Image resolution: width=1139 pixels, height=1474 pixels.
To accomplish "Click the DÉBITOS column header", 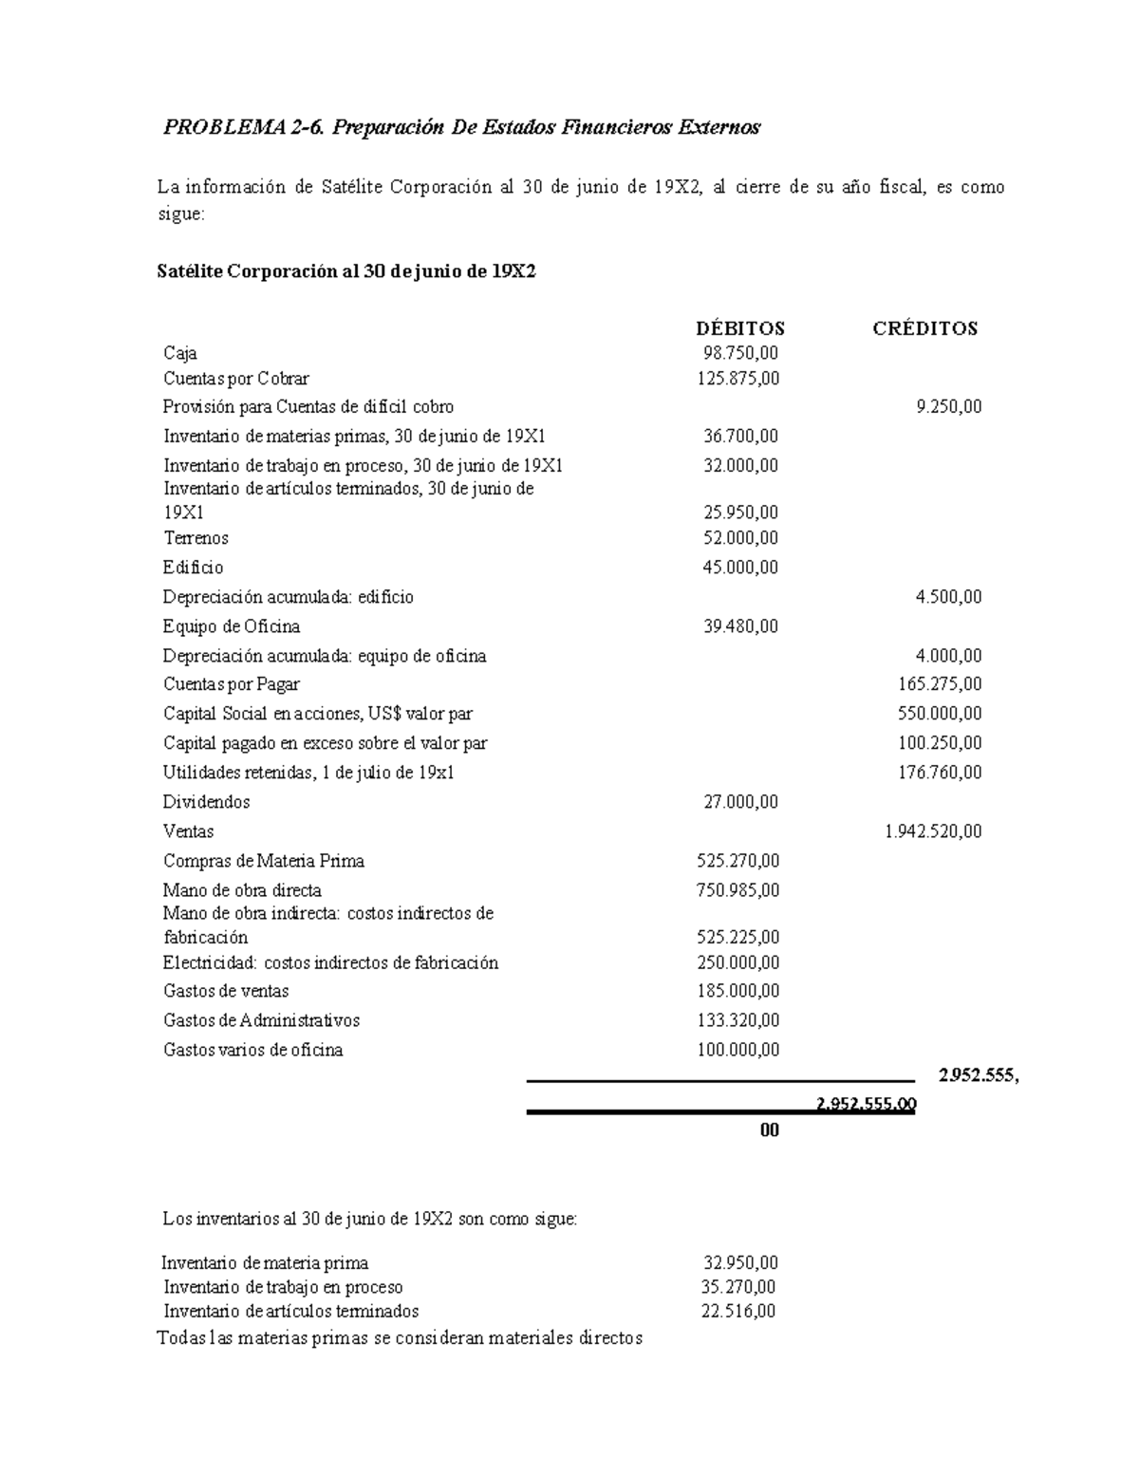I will tap(739, 328).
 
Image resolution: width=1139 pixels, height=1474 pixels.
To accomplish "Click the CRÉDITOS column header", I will tap(924, 328).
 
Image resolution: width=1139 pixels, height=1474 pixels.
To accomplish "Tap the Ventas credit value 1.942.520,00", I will tap(932, 831).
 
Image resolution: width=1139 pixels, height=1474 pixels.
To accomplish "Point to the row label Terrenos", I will tap(196, 538).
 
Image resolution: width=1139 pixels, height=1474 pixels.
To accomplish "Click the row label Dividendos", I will tap(206, 802).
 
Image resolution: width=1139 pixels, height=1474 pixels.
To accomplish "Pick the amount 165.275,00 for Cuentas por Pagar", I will tap(940, 684).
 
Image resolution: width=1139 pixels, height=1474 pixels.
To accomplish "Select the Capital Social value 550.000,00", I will tap(940, 714).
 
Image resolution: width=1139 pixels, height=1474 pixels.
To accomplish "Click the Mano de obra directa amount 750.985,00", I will tap(738, 890).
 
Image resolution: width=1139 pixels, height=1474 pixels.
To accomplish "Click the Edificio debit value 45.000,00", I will tap(740, 568).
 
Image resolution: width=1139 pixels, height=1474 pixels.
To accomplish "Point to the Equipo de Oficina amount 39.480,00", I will tap(740, 626).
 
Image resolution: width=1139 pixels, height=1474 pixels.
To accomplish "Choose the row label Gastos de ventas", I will tap(226, 991).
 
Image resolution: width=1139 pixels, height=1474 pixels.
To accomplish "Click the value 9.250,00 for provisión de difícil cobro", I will tap(948, 407).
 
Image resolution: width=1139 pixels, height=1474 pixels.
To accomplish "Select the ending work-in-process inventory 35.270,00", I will tap(738, 1288).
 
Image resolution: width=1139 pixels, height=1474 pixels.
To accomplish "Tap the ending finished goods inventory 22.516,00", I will tap(738, 1312).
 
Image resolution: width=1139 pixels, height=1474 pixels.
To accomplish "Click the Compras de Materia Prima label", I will tap(264, 861).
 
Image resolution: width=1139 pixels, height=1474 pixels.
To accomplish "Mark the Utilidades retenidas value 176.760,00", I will tap(940, 773).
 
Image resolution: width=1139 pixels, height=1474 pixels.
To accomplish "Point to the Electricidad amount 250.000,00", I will tap(738, 962).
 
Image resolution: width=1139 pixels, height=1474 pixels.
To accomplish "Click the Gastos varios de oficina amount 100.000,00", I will tap(738, 1050).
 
